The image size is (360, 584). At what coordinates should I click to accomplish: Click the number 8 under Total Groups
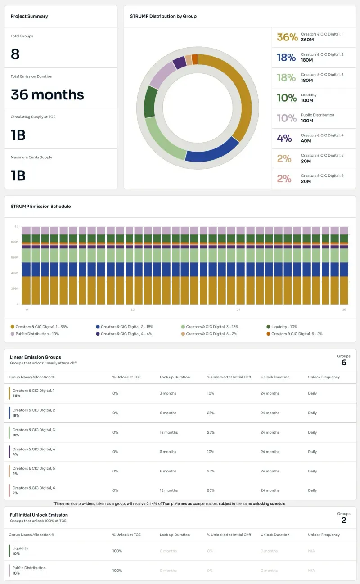(x=15, y=54)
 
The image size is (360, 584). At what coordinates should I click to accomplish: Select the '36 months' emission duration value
(x=47, y=94)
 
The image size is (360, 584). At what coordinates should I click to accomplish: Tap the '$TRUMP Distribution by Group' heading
(x=163, y=16)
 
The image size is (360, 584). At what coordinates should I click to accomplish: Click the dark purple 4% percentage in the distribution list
(x=284, y=139)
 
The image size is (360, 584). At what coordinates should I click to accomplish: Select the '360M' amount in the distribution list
(x=307, y=40)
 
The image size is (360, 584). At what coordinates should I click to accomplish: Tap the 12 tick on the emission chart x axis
(x=133, y=310)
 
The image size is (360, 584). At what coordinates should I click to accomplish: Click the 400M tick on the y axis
(x=14, y=273)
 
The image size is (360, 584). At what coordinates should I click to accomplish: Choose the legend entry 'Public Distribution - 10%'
(x=37, y=334)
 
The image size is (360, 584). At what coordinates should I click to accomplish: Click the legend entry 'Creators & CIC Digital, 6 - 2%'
(x=297, y=334)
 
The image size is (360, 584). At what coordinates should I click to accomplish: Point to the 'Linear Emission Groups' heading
(x=36, y=357)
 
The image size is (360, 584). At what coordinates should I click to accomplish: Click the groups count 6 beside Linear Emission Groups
(x=344, y=363)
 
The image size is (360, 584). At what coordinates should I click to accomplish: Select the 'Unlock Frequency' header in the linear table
(x=324, y=377)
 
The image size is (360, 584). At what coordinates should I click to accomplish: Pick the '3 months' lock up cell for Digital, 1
(x=168, y=393)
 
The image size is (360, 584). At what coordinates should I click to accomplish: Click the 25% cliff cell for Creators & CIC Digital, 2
(x=211, y=413)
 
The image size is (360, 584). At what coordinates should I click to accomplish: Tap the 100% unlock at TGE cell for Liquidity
(x=117, y=551)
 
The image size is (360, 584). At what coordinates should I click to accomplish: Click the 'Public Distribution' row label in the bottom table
(x=29, y=568)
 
